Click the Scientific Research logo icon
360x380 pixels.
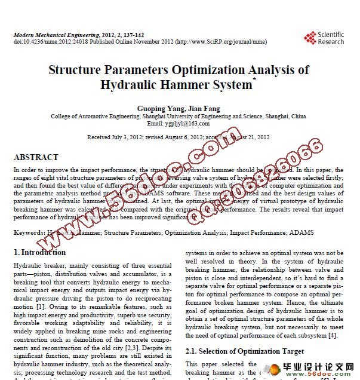tap(310, 38)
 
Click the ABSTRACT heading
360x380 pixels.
tap(36, 158)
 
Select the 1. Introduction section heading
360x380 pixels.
tap(39, 252)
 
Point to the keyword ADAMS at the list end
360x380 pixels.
tap(303, 232)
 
